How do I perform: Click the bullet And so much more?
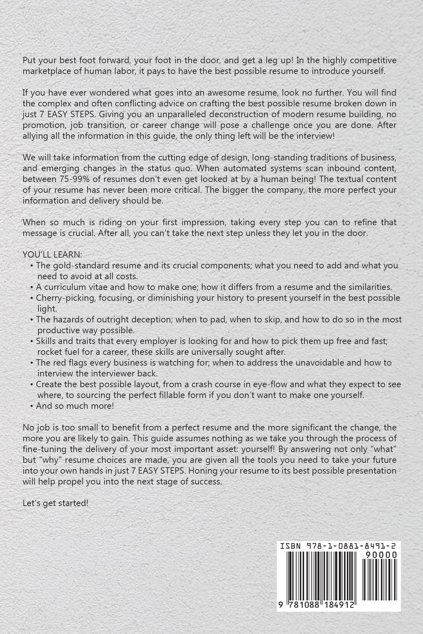tap(75, 406)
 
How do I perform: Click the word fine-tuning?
tap(43, 449)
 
